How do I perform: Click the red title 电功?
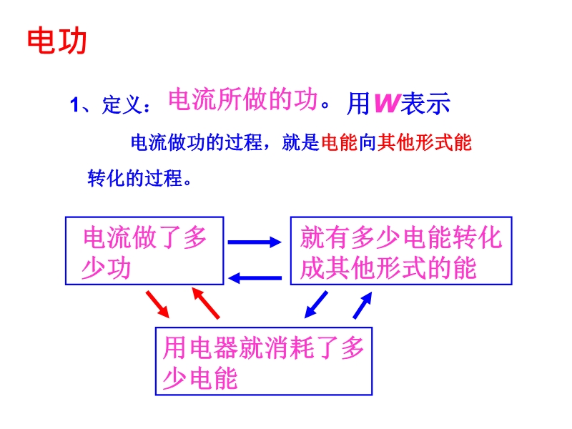(57, 41)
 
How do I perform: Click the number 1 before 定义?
(73, 106)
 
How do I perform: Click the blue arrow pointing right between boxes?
(255, 242)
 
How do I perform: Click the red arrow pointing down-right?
(159, 303)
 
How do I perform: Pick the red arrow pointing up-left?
(206, 303)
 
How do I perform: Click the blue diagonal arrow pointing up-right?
(363, 306)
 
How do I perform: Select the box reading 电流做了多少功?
(144, 252)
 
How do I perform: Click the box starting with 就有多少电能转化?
(401, 252)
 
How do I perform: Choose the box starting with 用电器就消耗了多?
(264, 361)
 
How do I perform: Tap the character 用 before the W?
(358, 104)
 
